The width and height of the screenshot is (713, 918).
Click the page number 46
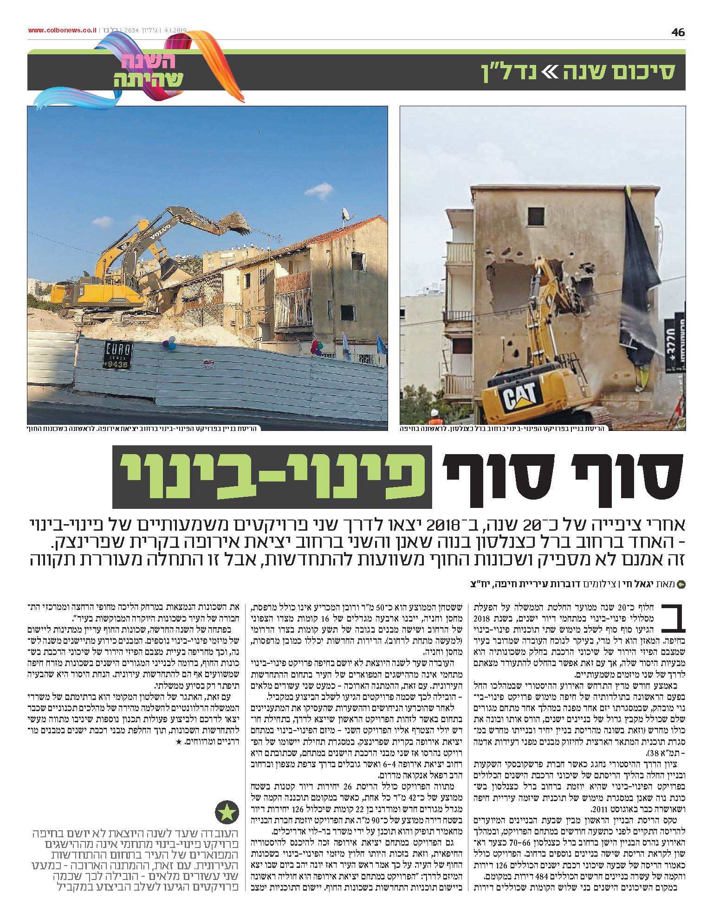tap(677, 32)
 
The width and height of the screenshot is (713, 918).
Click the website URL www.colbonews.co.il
tap(62, 31)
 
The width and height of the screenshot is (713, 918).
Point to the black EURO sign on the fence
tap(117, 355)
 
